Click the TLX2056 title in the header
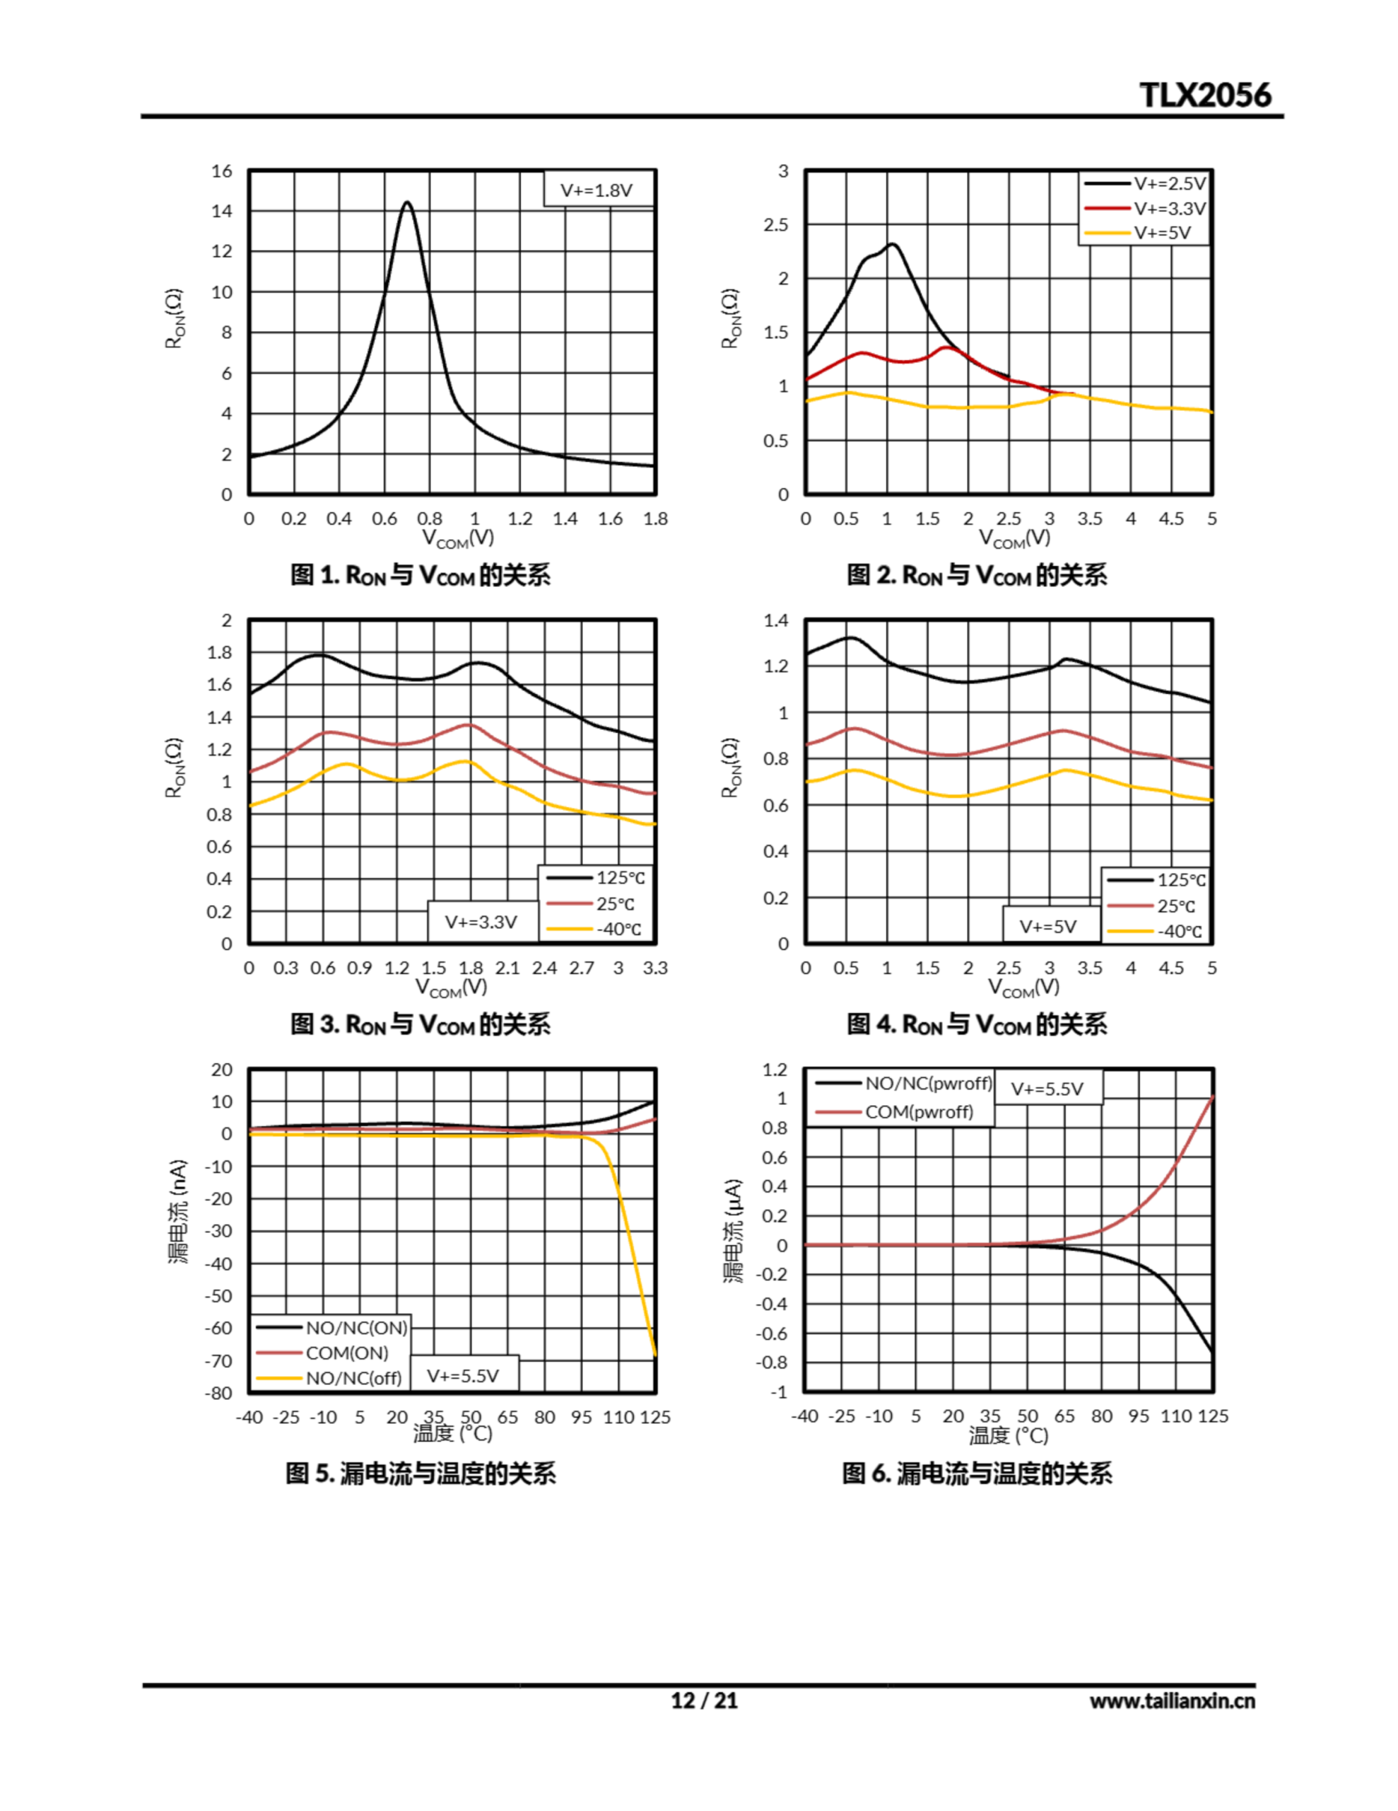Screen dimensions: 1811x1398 (1205, 96)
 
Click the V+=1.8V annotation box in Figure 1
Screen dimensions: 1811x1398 (597, 190)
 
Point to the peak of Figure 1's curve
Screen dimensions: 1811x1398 (407, 202)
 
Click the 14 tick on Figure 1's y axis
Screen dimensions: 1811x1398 (221, 211)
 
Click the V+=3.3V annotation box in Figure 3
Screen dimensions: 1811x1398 (481, 922)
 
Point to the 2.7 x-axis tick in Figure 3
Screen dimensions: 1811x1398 (582, 968)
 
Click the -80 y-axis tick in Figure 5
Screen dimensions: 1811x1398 (220, 1393)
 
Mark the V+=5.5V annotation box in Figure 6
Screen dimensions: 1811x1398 (1047, 1089)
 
